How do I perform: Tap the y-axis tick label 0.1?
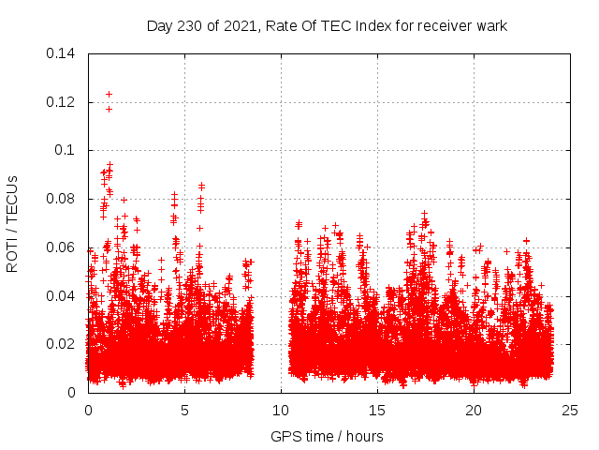point(66,150)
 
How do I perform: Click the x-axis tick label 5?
point(184,410)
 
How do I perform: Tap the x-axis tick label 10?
point(281,410)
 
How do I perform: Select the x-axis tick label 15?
point(377,410)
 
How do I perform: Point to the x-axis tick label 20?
point(474,410)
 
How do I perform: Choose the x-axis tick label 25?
point(570,410)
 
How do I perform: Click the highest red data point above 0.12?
point(109,94)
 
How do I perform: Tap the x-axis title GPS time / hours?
point(327,436)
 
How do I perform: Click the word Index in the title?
point(366,25)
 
